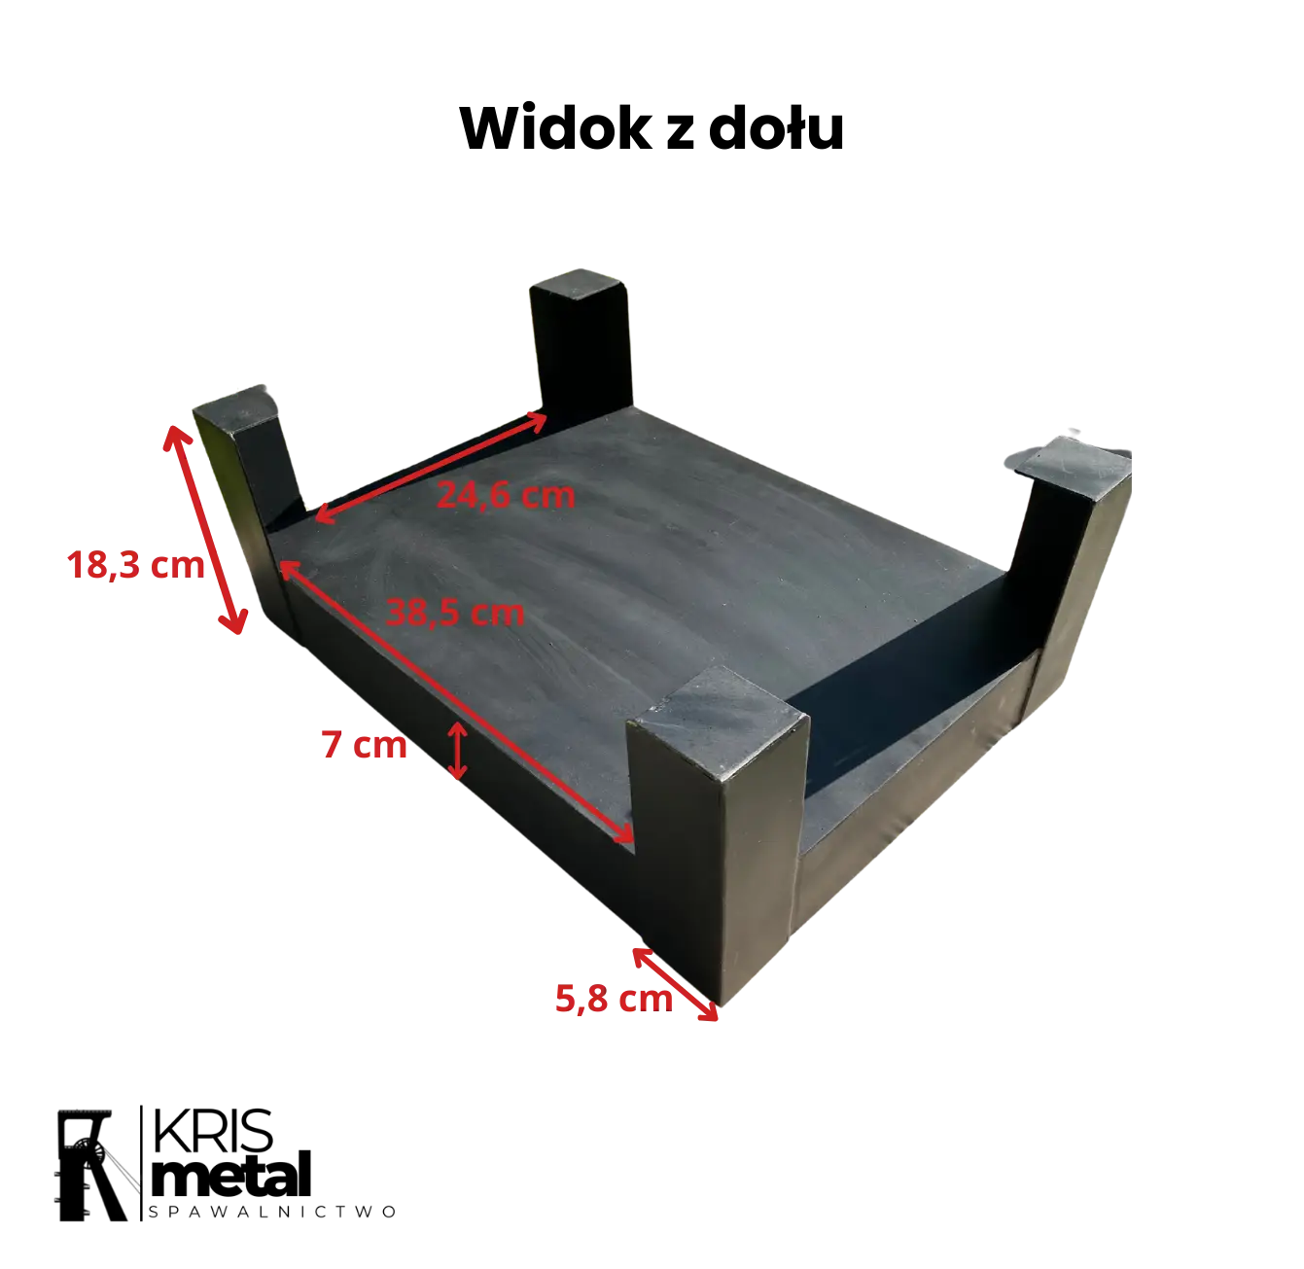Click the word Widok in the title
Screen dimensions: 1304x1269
click(555, 127)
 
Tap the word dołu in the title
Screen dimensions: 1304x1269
click(776, 127)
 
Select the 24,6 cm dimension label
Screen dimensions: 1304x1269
click(506, 495)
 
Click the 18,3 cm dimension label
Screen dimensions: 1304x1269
click(135, 564)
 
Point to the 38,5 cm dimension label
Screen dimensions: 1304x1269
click(456, 613)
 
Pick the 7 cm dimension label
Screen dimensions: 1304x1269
click(364, 744)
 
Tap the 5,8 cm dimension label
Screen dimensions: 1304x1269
click(614, 999)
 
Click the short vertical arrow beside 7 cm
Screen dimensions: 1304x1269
click(458, 750)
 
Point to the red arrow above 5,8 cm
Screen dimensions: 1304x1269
click(676, 984)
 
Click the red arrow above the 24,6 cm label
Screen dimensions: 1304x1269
click(431, 467)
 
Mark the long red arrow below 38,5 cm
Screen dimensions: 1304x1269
click(456, 701)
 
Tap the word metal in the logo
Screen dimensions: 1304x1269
click(231, 1175)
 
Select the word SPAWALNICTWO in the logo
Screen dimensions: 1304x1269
click(271, 1212)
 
